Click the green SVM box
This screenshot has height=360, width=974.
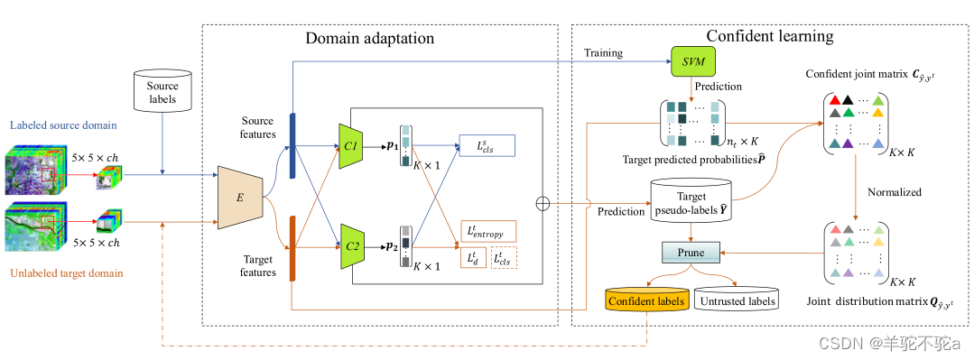[691, 61]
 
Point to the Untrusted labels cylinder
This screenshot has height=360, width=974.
[737, 300]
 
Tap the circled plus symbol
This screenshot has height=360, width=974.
[543, 203]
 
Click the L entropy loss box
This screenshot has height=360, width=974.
[487, 232]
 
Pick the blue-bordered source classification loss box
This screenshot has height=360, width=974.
[487, 145]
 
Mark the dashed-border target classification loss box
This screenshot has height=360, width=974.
[505, 259]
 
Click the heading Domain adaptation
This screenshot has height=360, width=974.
[369, 38]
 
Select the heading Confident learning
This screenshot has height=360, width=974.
[769, 37]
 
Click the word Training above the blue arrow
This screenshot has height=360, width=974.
[603, 52]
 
